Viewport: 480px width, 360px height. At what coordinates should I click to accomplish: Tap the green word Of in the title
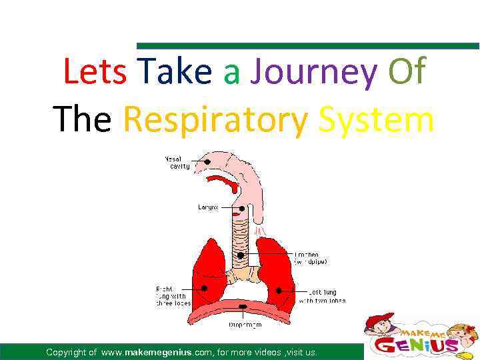pos(407,72)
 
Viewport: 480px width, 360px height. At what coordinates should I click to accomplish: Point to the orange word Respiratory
pos(216,120)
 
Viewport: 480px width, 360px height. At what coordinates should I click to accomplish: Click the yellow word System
pos(377,120)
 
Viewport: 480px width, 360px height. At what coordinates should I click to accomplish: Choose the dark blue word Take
pos(177,72)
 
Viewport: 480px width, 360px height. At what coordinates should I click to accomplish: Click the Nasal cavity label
pos(177,163)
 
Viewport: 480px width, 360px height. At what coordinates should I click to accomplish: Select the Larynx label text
pos(208,207)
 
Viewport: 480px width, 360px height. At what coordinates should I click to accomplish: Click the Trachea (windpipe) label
pos(311,258)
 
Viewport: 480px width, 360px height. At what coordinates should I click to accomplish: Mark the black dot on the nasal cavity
pos(209,162)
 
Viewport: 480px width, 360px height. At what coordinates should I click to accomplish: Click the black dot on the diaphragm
pos(243,307)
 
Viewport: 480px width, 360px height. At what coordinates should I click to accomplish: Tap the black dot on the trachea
pos(241,255)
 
